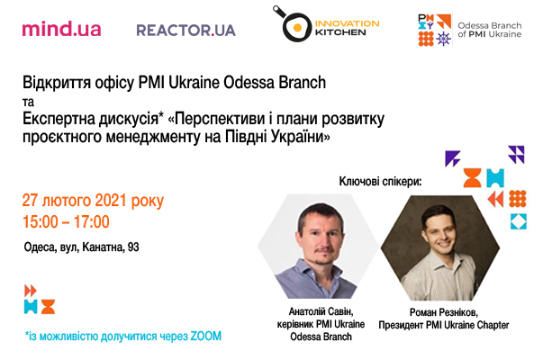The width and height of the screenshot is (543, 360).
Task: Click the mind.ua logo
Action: tap(61, 29)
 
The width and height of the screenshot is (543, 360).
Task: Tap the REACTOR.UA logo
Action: tap(186, 31)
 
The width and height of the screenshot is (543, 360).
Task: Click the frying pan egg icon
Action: tap(293, 24)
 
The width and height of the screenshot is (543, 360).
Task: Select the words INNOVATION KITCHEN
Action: tap(347, 28)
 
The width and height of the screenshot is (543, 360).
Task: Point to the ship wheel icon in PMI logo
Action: tap(444, 39)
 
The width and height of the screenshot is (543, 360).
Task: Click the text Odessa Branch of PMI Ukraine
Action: tap(489, 30)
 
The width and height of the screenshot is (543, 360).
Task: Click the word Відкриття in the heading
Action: tap(57, 83)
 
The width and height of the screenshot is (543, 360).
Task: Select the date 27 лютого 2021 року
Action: tap(93, 201)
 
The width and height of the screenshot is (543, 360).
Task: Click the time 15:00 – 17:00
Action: tap(66, 221)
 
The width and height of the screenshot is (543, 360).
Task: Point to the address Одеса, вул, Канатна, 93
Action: tap(81, 247)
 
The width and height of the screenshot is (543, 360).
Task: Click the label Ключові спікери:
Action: tap(380, 182)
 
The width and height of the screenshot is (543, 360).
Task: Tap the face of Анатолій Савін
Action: tap(321, 236)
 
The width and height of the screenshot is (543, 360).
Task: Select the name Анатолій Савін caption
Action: tap(321, 311)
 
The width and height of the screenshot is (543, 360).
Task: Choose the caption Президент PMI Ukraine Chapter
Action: tap(444, 325)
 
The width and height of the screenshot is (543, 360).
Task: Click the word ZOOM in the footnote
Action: tap(205, 336)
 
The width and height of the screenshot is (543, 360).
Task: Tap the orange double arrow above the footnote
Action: tap(30, 291)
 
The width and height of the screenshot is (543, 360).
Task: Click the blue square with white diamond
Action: tap(519, 221)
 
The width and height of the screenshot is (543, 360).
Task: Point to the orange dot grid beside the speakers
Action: tap(518, 199)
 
